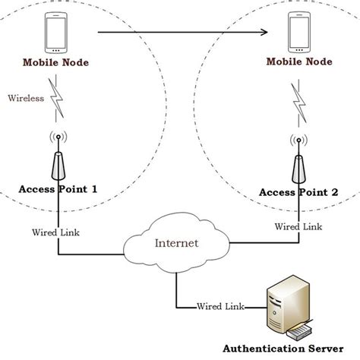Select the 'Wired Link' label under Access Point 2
click(x=297, y=226)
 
